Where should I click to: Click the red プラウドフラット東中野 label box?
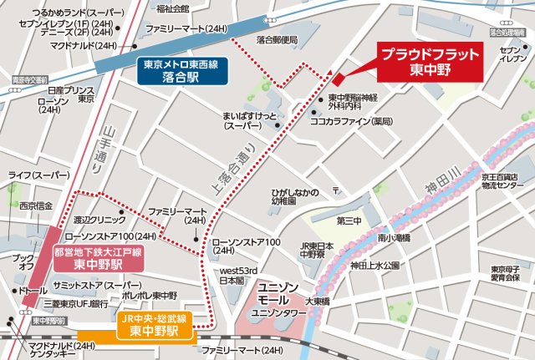click(x=430, y=63)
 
